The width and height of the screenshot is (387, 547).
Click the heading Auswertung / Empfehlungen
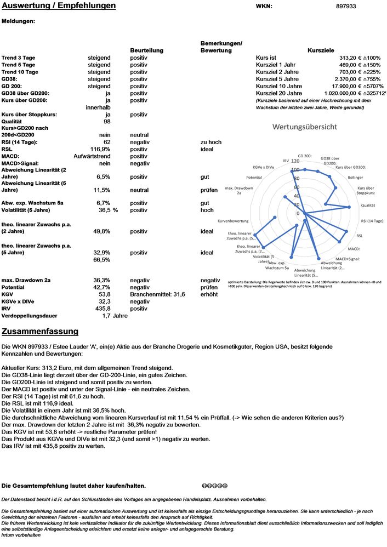(x=59, y=6)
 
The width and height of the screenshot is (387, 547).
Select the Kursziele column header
(x=321, y=50)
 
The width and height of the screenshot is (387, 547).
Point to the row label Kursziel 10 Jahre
(x=278, y=86)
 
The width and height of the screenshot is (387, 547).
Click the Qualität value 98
(x=106, y=122)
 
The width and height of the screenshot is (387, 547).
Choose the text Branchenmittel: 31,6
(x=157, y=294)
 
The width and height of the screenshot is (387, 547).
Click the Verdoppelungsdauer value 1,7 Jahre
(x=115, y=316)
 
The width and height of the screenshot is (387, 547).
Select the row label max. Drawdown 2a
(x=26, y=280)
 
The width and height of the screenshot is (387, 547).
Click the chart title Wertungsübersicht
(x=305, y=127)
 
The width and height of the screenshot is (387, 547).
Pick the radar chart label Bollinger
(x=355, y=178)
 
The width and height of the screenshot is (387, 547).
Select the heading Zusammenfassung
(x=40, y=332)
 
